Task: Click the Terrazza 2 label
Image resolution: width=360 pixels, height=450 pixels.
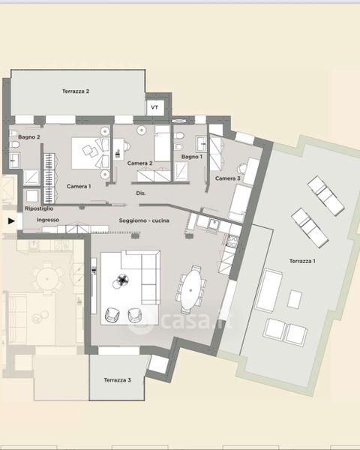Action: click(x=76, y=91)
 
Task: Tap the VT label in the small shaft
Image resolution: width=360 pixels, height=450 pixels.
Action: click(x=154, y=107)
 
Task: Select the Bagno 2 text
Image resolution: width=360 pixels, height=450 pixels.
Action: click(x=29, y=137)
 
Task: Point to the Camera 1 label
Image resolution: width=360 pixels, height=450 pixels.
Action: click(x=79, y=186)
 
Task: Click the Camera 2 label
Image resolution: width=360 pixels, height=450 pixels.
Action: click(x=139, y=163)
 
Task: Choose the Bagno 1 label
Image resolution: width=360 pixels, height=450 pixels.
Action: click(x=192, y=157)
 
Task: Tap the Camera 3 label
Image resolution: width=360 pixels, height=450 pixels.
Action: click(x=228, y=178)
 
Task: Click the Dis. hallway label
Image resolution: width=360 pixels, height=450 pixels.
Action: click(x=141, y=193)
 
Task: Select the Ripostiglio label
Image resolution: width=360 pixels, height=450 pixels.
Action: click(x=39, y=208)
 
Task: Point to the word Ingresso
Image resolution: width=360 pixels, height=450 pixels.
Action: click(x=48, y=220)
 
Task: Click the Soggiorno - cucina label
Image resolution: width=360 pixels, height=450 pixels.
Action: click(x=144, y=220)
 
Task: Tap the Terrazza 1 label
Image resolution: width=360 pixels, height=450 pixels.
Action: click(x=302, y=261)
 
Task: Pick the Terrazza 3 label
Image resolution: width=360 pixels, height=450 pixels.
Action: click(x=117, y=380)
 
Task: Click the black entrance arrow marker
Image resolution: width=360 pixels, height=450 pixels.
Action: click(x=11, y=221)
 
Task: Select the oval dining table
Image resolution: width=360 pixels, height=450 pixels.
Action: click(x=191, y=289)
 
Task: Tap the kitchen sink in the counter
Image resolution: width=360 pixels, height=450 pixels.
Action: click(x=214, y=223)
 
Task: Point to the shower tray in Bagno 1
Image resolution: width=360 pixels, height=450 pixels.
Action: click(x=181, y=172)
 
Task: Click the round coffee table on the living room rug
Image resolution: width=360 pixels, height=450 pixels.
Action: click(x=123, y=280)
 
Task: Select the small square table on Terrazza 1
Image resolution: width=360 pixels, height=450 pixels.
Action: click(x=295, y=299)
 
